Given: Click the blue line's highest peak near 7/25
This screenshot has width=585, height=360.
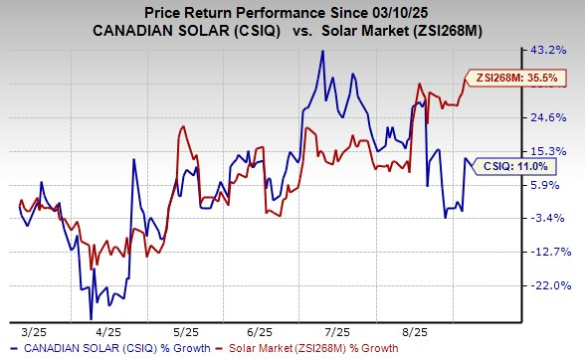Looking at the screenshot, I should click(x=321, y=51).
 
